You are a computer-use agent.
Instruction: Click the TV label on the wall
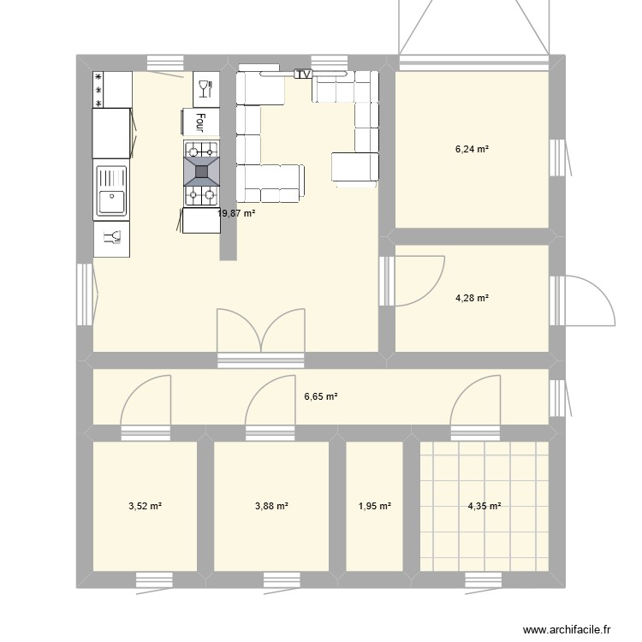303,74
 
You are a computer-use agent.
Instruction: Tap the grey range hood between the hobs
202,170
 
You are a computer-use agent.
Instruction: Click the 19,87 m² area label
237,214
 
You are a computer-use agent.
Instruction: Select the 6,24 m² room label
472,149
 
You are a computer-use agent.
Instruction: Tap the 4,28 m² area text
472,299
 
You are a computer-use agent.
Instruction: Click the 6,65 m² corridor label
321,396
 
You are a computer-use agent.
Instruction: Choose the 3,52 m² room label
145,507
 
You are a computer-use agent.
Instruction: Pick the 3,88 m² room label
271,507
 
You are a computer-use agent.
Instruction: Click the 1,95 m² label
374,507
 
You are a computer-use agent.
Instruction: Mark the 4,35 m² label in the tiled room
484,507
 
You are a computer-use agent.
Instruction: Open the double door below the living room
260,334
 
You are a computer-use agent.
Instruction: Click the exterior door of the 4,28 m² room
586,300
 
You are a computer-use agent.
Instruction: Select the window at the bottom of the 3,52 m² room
160,580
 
